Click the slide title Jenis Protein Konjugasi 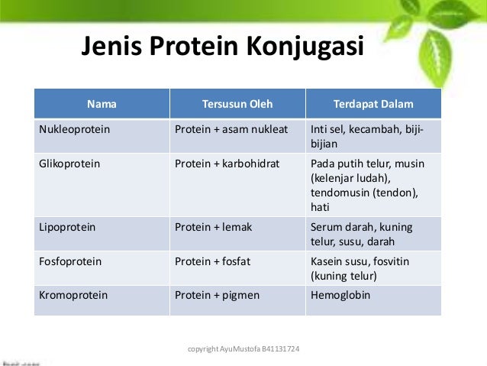coord(222,48)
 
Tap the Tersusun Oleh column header coord(237,103)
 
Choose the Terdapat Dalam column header coord(373,103)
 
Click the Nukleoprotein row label coord(74,129)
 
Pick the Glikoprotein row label coord(69,164)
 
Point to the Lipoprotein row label coord(66,227)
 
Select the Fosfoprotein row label coord(69,261)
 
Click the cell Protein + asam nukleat coord(231,129)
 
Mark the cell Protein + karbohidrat coord(227,164)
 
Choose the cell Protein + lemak coord(213,227)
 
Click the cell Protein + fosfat coord(212,261)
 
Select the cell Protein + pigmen coord(217,294)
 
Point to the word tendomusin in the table coord(337,193)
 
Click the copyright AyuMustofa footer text coord(243,349)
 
